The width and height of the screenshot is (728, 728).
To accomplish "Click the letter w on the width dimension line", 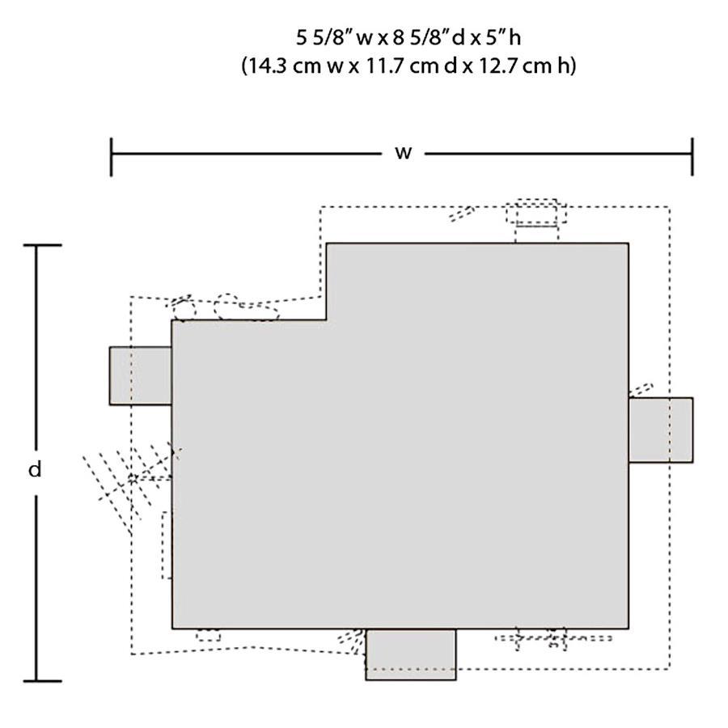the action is tap(403, 152).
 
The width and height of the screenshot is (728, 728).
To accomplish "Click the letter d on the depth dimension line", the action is tap(35, 469).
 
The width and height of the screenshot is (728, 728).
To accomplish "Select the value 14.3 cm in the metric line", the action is tap(283, 66).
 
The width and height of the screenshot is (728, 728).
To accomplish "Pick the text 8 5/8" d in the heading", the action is tap(429, 37).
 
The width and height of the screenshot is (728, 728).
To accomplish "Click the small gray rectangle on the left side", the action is tap(141, 375).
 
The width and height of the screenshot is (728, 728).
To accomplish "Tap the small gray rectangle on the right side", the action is tap(661, 430).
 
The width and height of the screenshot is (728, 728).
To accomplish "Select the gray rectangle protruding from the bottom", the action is tap(411, 654).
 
